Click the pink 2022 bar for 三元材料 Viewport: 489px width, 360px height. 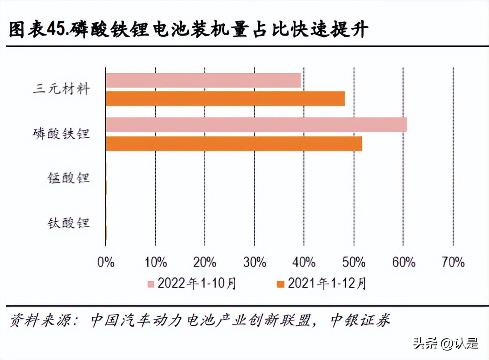(x=203, y=81)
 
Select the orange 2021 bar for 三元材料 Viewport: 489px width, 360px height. (x=225, y=99)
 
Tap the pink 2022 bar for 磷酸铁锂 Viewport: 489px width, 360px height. (x=256, y=124)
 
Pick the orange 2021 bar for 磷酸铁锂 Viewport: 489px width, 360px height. (x=233, y=144)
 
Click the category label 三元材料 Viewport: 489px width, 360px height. (x=61, y=90)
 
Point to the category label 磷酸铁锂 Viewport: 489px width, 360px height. (x=61, y=134)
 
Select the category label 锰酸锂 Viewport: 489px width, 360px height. (x=69, y=178)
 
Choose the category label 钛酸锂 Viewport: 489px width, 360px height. (x=69, y=223)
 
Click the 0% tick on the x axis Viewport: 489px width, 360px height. (x=106, y=262)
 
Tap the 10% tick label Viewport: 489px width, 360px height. (x=155, y=262)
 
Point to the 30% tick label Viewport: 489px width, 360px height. (x=255, y=262)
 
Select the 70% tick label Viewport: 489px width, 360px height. (x=453, y=262)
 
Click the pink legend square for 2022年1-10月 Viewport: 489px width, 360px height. (x=150, y=284)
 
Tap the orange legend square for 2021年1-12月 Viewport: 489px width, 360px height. (x=280, y=284)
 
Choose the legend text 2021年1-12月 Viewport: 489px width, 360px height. (x=327, y=284)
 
